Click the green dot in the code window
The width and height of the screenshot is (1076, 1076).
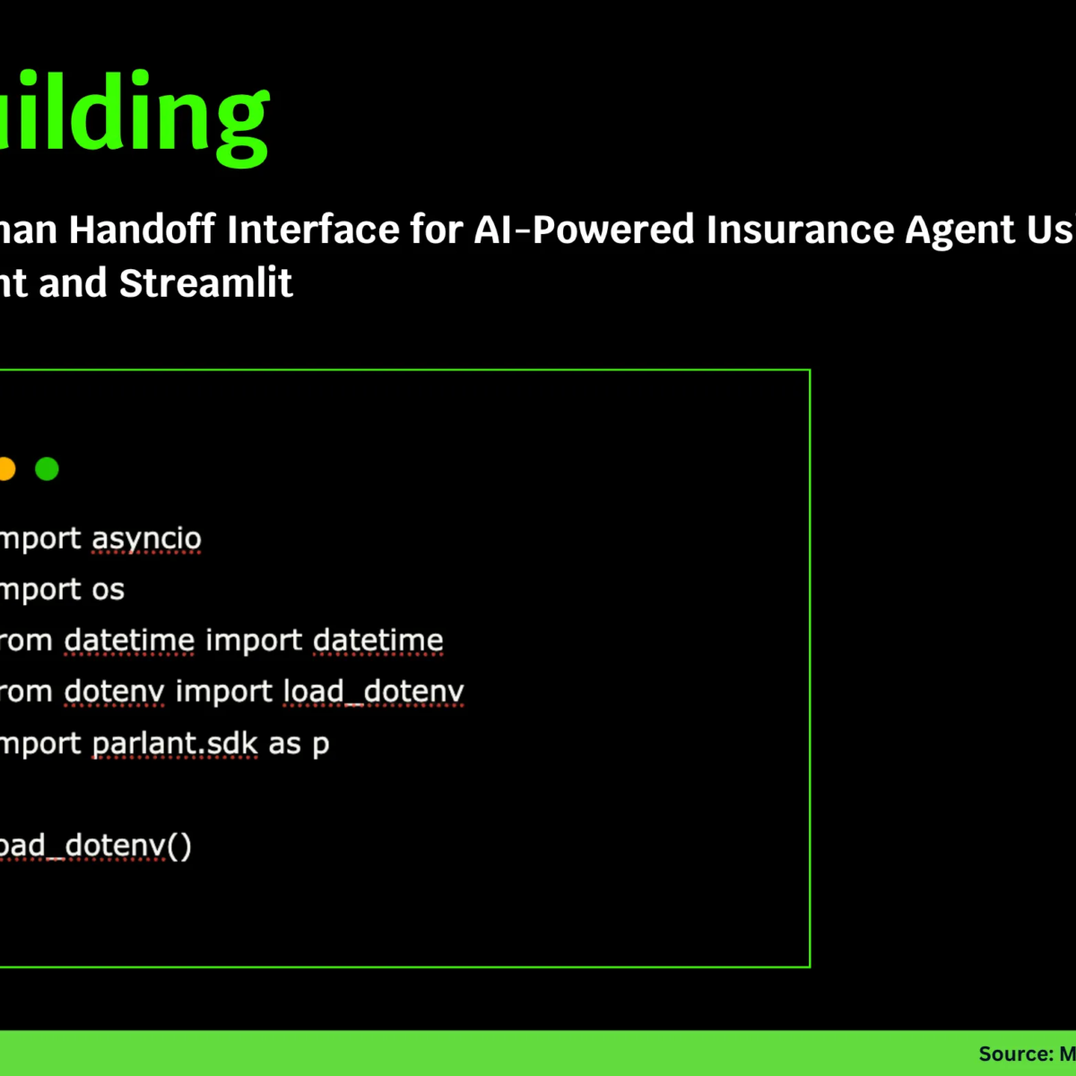(47, 469)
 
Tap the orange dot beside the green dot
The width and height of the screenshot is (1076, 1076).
(5, 469)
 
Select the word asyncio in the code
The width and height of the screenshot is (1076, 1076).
(146, 539)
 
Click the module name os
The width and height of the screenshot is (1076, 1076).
(107, 590)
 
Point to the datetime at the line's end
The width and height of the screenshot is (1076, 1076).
(377, 640)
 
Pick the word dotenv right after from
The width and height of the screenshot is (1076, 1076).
(114, 691)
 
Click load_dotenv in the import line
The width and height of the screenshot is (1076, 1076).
(373, 691)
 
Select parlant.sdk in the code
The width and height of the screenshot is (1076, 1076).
(175, 743)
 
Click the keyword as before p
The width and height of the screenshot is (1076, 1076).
(284, 743)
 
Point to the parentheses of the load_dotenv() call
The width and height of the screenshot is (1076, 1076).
(179, 846)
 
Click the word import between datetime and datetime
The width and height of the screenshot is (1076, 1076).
(254, 640)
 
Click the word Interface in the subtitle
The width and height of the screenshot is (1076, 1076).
(314, 230)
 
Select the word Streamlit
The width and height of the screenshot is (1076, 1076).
(205, 283)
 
